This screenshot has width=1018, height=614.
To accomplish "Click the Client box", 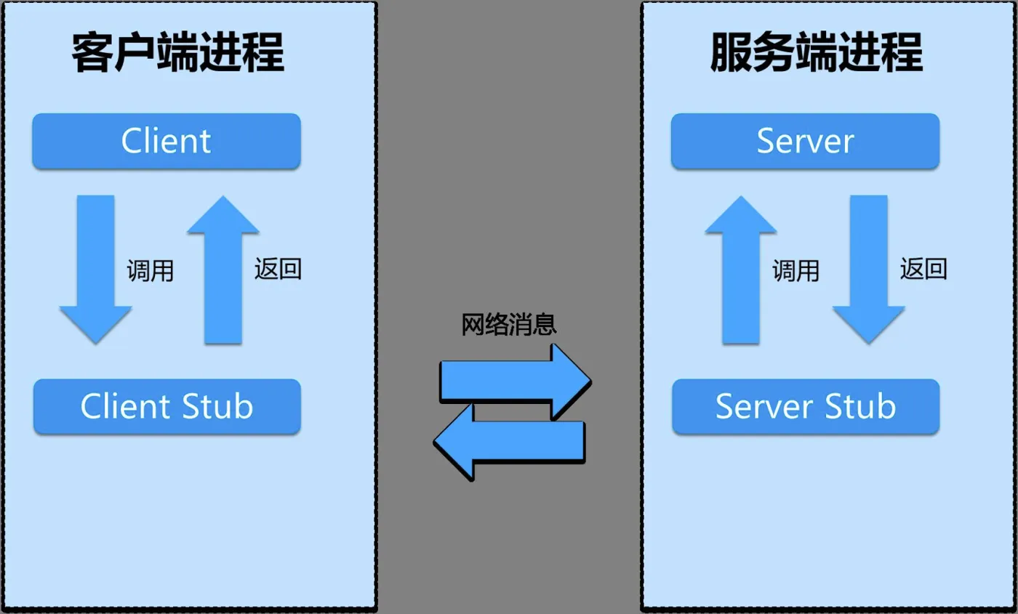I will [x=167, y=141].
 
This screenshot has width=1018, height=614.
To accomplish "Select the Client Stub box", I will [x=167, y=406].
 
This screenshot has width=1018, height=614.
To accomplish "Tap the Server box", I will [x=805, y=141].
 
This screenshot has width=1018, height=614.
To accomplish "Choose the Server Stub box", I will [x=805, y=406].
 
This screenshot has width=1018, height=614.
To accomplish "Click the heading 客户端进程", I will [x=177, y=54].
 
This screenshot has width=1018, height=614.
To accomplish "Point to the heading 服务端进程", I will [x=816, y=54].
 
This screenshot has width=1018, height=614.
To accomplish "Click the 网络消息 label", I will [x=509, y=324].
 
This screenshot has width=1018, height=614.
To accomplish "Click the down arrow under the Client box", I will [x=96, y=269].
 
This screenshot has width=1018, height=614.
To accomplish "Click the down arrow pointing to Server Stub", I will [x=869, y=269].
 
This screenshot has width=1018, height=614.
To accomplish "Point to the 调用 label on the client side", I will [x=151, y=271].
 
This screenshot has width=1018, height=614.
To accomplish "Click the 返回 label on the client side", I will [x=278, y=270].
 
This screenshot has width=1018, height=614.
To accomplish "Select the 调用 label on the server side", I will [x=795, y=271].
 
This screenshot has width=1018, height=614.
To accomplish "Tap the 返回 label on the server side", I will [x=923, y=270].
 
